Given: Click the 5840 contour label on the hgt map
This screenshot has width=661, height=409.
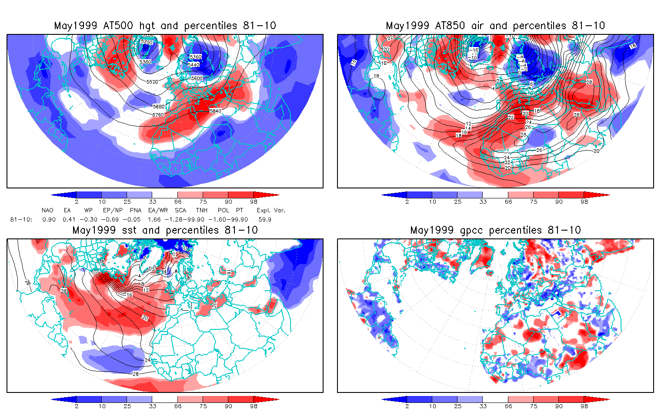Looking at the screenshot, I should [215, 111].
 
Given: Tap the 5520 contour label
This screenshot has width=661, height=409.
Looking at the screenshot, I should [152, 82].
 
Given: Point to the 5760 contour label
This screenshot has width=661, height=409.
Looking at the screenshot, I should [158, 115].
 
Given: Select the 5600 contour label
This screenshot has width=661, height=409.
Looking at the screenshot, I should [197, 78].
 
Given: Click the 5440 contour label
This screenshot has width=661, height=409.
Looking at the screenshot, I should [194, 65].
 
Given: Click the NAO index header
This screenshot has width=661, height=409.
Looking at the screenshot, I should [47, 211].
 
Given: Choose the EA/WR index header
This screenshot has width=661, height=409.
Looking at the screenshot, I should [155, 211].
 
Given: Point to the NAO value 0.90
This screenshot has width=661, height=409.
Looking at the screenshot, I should [49, 220].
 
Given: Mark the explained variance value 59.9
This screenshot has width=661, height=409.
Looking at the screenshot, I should [265, 220].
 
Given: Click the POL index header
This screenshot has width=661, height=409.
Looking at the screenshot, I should [224, 211].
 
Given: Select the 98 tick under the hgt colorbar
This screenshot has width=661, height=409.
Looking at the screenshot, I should [254, 202].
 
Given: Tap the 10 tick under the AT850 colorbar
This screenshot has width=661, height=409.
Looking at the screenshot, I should [432, 202].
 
